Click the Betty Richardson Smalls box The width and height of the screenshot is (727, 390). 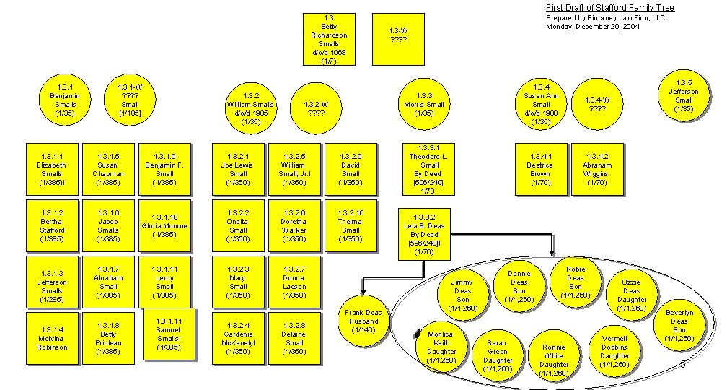[x=329, y=39]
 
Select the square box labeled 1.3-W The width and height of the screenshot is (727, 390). [x=397, y=39]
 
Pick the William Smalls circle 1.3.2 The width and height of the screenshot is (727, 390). [x=251, y=108]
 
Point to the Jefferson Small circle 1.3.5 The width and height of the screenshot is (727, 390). [x=683, y=96]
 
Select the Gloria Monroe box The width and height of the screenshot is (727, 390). [x=164, y=226]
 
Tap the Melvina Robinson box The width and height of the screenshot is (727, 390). [x=52, y=338]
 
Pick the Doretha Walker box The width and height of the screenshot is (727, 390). [x=294, y=226]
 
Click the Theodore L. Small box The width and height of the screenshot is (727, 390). [x=429, y=170]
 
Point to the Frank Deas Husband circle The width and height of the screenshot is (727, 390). [x=364, y=321]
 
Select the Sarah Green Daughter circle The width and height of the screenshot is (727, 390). [x=497, y=355]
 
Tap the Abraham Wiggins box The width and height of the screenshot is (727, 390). [x=597, y=169]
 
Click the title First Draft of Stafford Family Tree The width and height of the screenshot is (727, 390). [x=610, y=8]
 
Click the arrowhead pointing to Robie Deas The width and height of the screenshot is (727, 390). [x=552, y=253]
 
